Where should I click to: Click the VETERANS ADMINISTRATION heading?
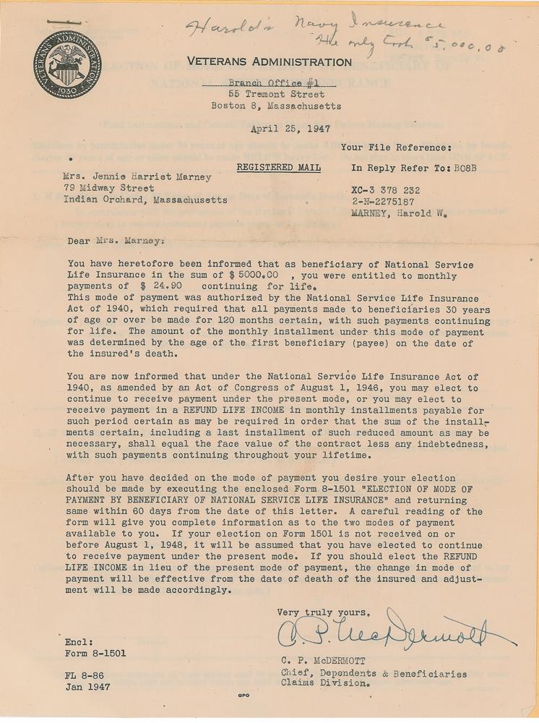pos(269,61)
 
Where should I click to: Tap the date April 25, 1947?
pos(290,130)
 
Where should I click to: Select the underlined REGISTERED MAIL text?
pos(278,168)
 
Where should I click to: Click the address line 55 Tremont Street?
pos(276,94)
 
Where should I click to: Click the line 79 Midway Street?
pos(108,187)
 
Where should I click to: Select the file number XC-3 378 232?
pos(385,190)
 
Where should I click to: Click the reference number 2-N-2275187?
pos(383,202)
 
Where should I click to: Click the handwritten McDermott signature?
pos(394,632)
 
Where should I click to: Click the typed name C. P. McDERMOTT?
pos(325,660)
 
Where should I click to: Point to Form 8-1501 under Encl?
pos(95,654)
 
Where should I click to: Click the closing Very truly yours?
pos(323,612)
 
